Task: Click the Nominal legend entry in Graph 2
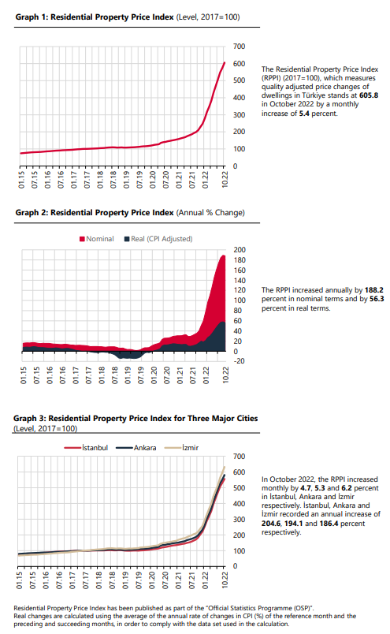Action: [97, 239]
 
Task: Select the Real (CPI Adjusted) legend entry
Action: [158, 239]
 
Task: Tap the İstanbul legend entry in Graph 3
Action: [86, 448]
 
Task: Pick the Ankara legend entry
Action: [136, 448]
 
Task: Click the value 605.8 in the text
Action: [369, 95]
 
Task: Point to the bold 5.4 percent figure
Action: [304, 114]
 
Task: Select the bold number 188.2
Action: [373, 290]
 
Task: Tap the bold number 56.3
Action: [377, 299]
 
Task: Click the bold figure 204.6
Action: [271, 524]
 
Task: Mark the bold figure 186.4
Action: [329, 524]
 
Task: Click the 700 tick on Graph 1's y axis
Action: [239, 47]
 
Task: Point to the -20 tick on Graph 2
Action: [239, 361]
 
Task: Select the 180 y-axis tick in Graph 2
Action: [240, 260]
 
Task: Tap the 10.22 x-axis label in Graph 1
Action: [225, 180]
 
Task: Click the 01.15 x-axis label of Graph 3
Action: [19, 580]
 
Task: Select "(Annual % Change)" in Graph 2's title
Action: [210, 213]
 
